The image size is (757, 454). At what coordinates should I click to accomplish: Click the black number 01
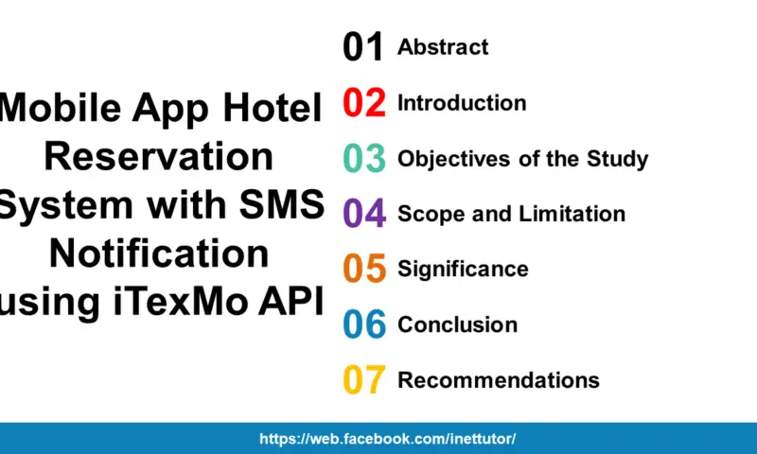coord(363,46)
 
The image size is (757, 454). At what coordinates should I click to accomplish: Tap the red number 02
coord(363,102)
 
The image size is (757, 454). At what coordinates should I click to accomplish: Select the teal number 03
coord(363,158)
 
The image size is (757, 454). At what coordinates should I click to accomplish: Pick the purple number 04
coord(363,214)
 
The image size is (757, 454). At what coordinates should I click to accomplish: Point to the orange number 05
coord(363,269)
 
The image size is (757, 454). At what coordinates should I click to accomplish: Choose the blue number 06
coord(363,324)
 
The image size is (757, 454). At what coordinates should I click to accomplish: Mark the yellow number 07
coord(363,380)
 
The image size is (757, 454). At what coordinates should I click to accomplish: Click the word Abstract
coord(443,46)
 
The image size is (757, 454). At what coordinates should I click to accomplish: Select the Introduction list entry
coord(462,102)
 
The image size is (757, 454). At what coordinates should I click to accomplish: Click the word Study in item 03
coord(621,158)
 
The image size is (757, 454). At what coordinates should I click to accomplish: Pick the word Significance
coord(463,269)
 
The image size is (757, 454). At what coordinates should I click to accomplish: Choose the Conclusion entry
coord(457,324)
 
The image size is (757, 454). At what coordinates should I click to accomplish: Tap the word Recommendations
coord(499,380)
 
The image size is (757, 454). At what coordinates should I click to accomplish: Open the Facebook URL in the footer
coord(388,439)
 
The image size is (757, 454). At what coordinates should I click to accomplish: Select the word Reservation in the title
coord(159,156)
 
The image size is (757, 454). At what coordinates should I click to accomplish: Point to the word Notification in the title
coord(159,253)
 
